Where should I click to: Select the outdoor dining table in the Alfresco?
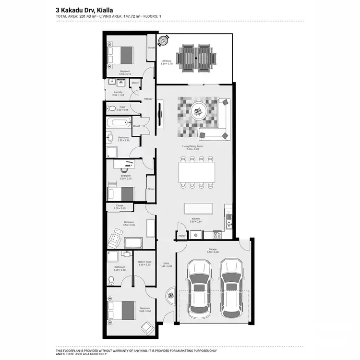tap(195, 57)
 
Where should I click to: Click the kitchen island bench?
tap(198, 208)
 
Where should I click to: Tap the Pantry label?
tap(182, 236)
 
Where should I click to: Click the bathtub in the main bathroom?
tap(118, 122)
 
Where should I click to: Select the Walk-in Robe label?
tap(144, 262)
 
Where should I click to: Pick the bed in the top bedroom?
tap(121, 54)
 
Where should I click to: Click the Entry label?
tap(166, 263)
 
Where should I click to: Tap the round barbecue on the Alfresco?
tap(164, 40)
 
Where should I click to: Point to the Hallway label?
tap(148, 99)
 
